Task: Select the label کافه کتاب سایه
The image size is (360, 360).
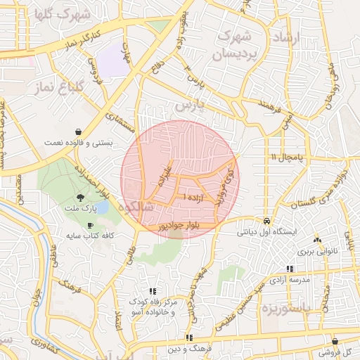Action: (x=89, y=236)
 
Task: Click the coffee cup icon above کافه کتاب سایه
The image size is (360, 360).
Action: (x=89, y=225)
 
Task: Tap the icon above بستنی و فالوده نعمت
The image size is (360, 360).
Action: (x=77, y=131)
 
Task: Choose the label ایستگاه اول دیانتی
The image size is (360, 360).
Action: (x=269, y=231)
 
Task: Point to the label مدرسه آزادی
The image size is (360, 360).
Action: (x=290, y=280)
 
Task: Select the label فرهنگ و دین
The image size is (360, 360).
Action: (x=189, y=348)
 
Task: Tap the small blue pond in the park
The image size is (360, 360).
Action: (x=103, y=206)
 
